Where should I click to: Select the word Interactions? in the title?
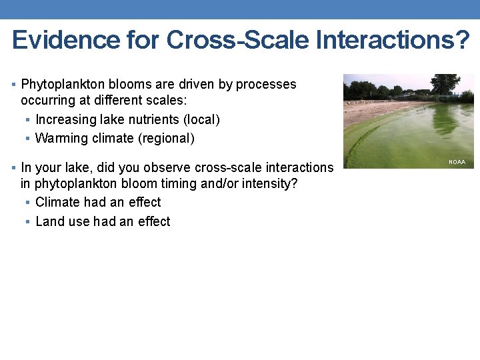[x=393, y=41]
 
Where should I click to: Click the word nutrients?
[x=153, y=119]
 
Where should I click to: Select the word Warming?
[x=61, y=139]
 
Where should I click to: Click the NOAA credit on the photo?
[x=457, y=162]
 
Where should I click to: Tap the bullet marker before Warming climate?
[x=27, y=139]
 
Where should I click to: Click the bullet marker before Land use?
[x=27, y=221]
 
